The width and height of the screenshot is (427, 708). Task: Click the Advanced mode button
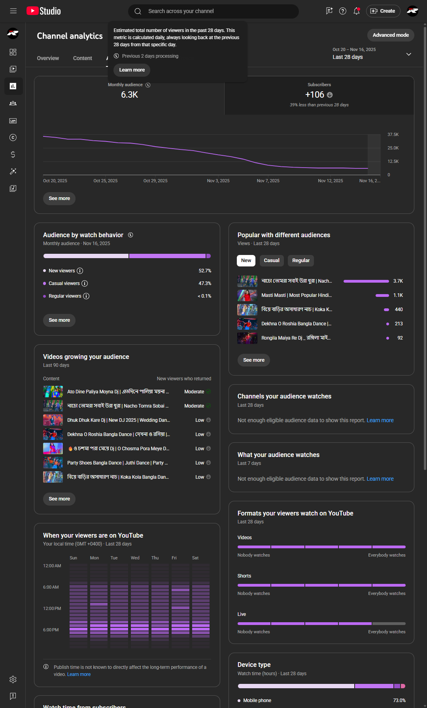(x=391, y=35)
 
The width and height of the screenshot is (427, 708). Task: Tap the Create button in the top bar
(x=383, y=11)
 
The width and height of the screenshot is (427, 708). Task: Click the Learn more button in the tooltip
(x=132, y=70)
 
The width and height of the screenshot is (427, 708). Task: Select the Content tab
(x=82, y=58)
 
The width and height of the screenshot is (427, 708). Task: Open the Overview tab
(x=48, y=58)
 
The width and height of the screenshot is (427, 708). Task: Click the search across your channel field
(x=213, y=11)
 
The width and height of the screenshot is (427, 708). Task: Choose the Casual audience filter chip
(x=272, y=261)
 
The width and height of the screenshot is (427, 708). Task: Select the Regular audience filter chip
(x=301, y=261)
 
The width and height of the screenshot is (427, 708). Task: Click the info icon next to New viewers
(x=80, y=271)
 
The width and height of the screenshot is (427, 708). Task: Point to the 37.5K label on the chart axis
(x=393, y=135)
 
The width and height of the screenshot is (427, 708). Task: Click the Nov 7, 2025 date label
(x=268, y=181)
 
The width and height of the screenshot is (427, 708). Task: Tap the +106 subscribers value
(x=315, y=95)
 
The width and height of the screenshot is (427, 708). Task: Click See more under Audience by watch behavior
(x=59, y=320)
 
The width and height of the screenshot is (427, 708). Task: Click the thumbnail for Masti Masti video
(x=247, y=295)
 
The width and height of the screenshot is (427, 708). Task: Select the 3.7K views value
(x=398, y=281)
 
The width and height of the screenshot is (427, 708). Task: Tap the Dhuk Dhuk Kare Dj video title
(x=119, y=420)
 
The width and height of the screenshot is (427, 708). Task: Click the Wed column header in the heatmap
(x=135, y=558)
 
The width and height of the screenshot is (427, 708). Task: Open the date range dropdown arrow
(x=409, y=54)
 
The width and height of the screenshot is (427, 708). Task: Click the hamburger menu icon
(x=13, y=11)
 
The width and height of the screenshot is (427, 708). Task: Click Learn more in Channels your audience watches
(x=380, y=420)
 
